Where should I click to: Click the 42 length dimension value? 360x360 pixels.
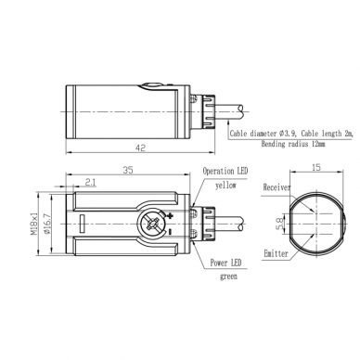pos(140,148)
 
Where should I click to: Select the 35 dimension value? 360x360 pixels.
pos(128,170)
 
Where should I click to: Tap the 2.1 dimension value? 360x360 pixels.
pos(90,183)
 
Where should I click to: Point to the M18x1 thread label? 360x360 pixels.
pos(34,224)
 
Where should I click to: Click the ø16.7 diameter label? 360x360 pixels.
pos(46,224)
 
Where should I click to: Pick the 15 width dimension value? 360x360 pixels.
pos(316,167)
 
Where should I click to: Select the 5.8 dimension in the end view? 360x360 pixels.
pos(278,224)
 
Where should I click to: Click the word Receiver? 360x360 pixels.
pos(276,187)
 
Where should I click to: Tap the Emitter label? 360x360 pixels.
pos(276,253)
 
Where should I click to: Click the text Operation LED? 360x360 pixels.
pos(225,171)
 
